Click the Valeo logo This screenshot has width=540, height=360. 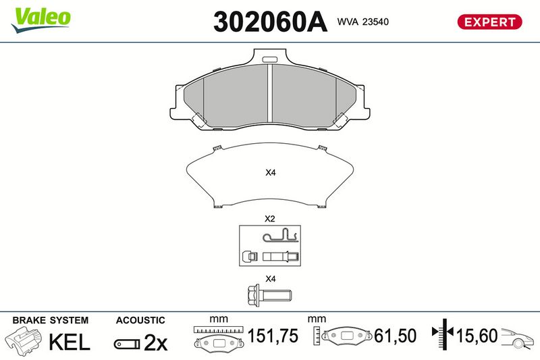coord(40,20)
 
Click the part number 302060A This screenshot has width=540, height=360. coord(270,22)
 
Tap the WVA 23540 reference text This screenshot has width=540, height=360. coord(362,22)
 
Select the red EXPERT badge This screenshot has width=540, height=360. coord(489,22)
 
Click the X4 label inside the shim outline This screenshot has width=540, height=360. coord(271,173)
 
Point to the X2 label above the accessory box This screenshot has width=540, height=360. coord(269,219)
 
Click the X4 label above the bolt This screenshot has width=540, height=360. coord(271,279)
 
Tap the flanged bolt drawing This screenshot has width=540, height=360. coord(269,295)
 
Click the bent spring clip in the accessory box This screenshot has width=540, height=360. coord(280,236)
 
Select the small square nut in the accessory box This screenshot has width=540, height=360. coord(250,256)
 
